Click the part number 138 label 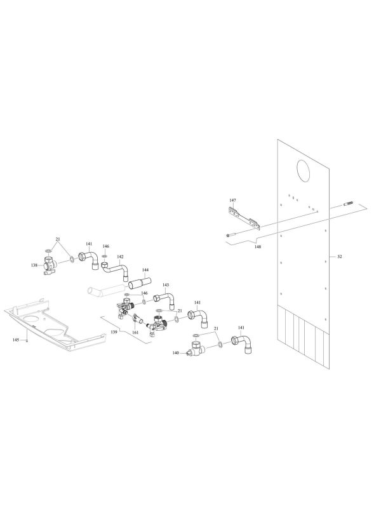[34, 265]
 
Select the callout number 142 [120, 257]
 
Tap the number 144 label [145, 269]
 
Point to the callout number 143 [166, 284]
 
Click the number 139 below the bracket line [114, 331]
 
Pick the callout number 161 [135, 332]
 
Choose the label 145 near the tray [16, 340]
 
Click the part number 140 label [176, 353]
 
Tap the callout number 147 [232, 201]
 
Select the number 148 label [258, 246]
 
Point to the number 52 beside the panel [340, 257]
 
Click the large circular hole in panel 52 [304, 170]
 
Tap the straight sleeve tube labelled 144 [140, 282]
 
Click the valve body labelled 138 [50, 266]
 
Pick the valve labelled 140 [195, 349]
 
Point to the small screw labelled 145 [27, 340]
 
